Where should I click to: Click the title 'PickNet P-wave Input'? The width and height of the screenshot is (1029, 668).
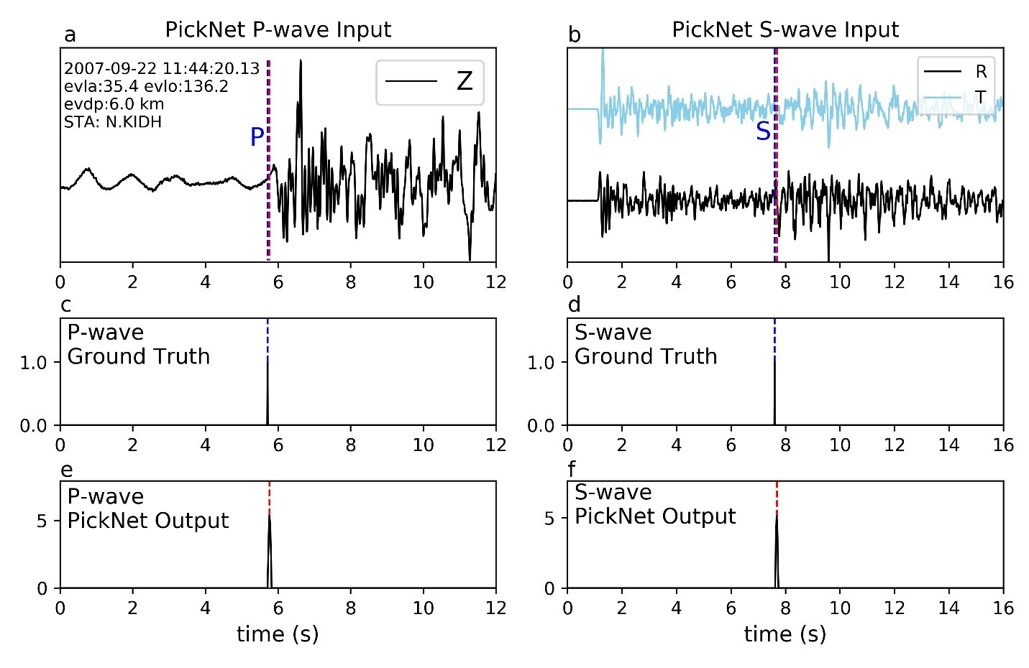coord(278,29)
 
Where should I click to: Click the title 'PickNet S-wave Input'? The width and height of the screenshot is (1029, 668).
coord(785,29)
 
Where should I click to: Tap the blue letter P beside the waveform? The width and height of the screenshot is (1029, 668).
coord(257,136)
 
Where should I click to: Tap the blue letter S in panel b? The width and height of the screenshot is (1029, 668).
coord(763,131)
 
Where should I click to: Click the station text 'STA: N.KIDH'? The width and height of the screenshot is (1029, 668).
coord(113,122)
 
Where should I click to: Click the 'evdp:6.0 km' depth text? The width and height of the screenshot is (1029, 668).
coord(114,104)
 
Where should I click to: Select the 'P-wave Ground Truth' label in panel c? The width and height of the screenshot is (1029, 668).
coord(138,345)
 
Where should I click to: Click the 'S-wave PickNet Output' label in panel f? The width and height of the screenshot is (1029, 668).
coord(654,504)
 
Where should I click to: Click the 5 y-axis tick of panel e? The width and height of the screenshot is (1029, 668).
coord(42,521)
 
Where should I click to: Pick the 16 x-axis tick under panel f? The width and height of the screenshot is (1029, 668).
coord(1003,608)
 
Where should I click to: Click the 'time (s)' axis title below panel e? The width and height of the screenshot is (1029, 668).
coord(278,634)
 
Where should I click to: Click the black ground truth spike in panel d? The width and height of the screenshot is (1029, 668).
coord(774,391)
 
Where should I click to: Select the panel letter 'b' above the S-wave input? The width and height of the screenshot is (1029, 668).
coord(574,34)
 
